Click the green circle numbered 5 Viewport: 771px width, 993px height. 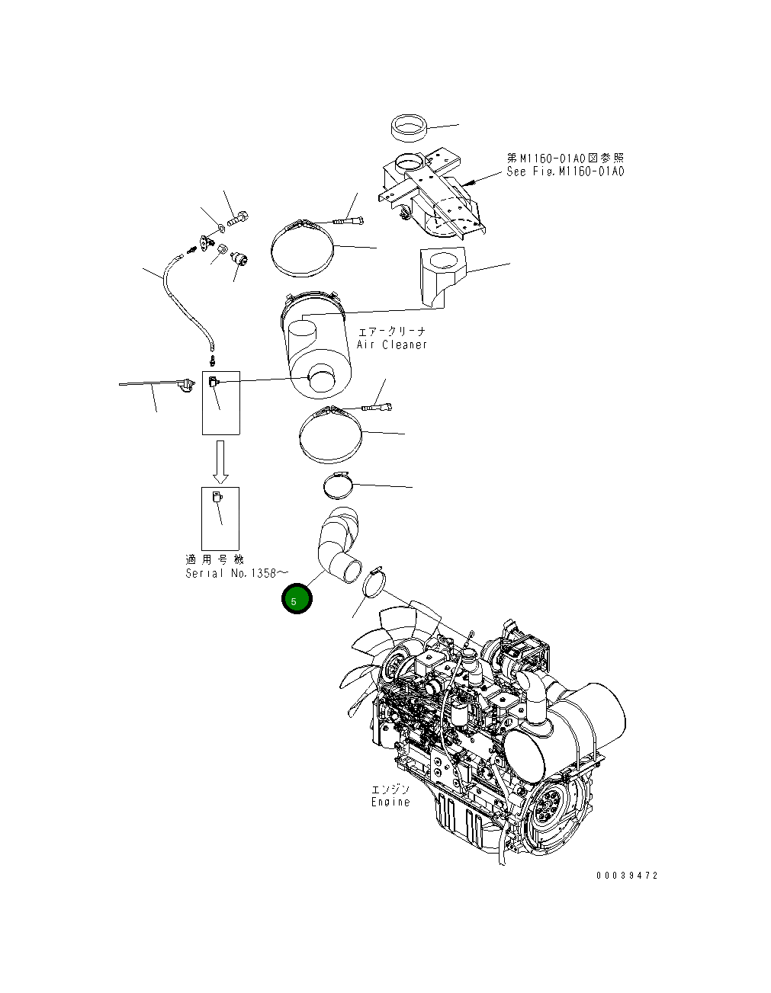tap(297, 599)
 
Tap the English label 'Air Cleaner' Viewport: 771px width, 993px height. tap(392, 344)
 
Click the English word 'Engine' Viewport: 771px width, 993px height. tap(390, 802)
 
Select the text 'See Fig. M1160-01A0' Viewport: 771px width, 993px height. tap(565, 171)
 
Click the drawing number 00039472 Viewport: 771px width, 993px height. tap(626, 876)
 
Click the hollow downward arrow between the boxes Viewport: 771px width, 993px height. tap(220, 461)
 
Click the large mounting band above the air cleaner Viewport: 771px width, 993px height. tap(302, 248)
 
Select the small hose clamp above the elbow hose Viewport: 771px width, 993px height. tap(339, 483)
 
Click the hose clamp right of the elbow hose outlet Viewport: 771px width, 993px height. tap(374, 584)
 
